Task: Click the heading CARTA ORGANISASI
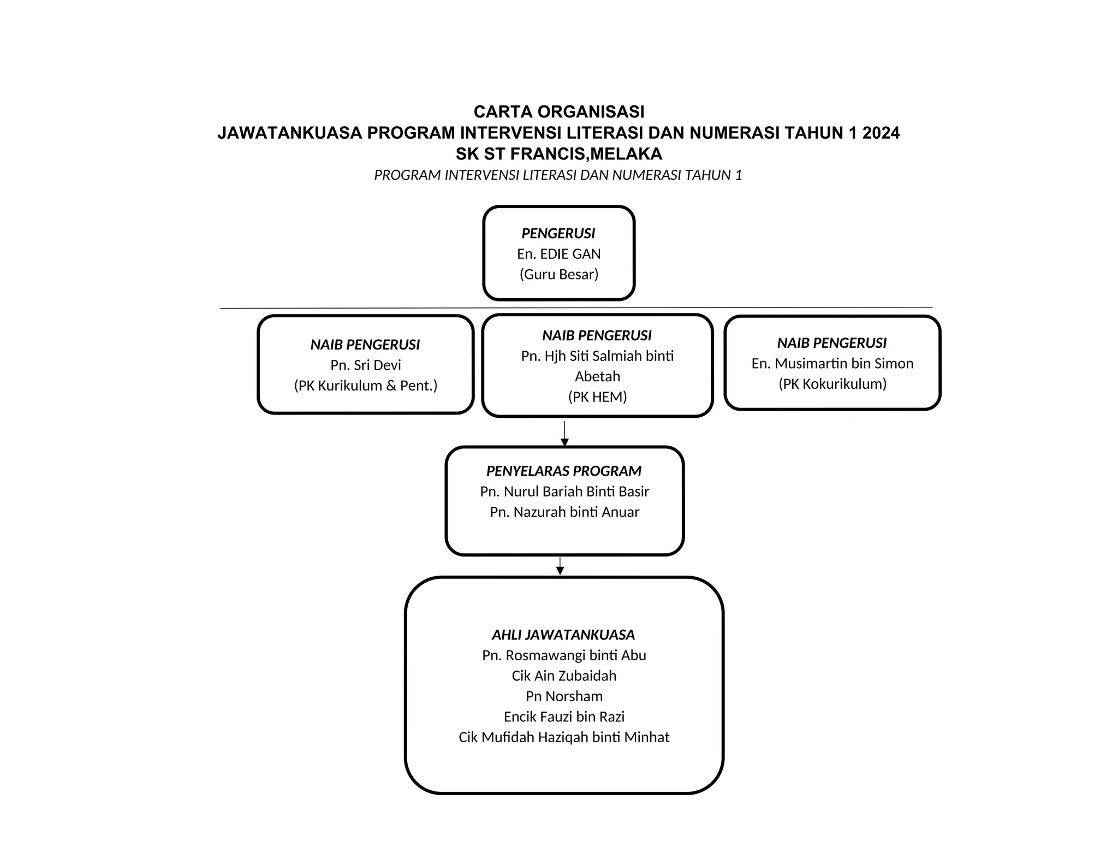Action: (x=558, y=112)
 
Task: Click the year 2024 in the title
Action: (x=881, y=133)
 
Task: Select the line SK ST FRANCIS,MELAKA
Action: (x=558, y=154)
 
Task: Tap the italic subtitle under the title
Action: (x=558, y=175)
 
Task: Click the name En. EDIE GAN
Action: (x=558, y=254)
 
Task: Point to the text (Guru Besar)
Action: (x=558, y=274)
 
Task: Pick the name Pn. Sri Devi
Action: (x=365, y=365)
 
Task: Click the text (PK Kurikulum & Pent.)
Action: (x=365, y=386)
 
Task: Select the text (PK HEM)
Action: (x=597, y=397)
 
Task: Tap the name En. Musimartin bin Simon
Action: (x=832, y=364)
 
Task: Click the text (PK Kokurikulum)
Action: (x=832, y=384)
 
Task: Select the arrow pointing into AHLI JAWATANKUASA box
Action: (x=560, y=566)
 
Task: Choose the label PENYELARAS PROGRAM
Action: (x=564, y=471)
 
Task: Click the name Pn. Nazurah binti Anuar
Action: (x=564, y=512)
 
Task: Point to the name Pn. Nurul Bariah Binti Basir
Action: (x=564, y=492)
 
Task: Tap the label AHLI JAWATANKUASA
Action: (x=563, y=635)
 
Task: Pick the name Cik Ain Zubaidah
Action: (x=563, y=676)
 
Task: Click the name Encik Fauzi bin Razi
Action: (x=563, y=717)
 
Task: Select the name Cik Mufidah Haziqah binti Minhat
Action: (x=563, y=737)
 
